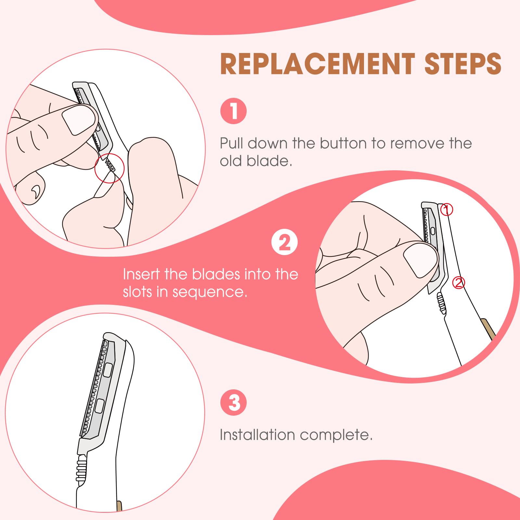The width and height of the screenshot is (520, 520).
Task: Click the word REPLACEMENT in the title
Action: pos(317,64)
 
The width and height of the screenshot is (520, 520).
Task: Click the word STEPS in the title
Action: pos(463,64)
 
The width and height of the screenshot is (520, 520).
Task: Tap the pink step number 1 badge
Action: pos(233,111)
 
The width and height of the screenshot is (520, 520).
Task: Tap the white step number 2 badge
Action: pos(284,242)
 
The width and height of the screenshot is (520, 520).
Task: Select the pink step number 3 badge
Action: pos(233,403)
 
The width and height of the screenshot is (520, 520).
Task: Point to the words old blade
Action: pos(256,161)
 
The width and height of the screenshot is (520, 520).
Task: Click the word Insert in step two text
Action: pos(141,274)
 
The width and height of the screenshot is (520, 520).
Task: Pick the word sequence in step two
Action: pos(209,292)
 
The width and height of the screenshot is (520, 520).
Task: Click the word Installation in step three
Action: pos(257,435)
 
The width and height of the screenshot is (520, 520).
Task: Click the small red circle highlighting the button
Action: pos(110,168)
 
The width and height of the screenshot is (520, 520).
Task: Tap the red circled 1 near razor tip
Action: pos(447,210)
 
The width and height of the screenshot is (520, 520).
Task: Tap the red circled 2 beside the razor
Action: pos(459,283)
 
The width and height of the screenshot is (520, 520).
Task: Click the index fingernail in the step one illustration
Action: pos(79,120)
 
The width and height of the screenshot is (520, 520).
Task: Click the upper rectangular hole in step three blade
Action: pos(108,370)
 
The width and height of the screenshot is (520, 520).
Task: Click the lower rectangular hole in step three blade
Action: pos(99,406)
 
